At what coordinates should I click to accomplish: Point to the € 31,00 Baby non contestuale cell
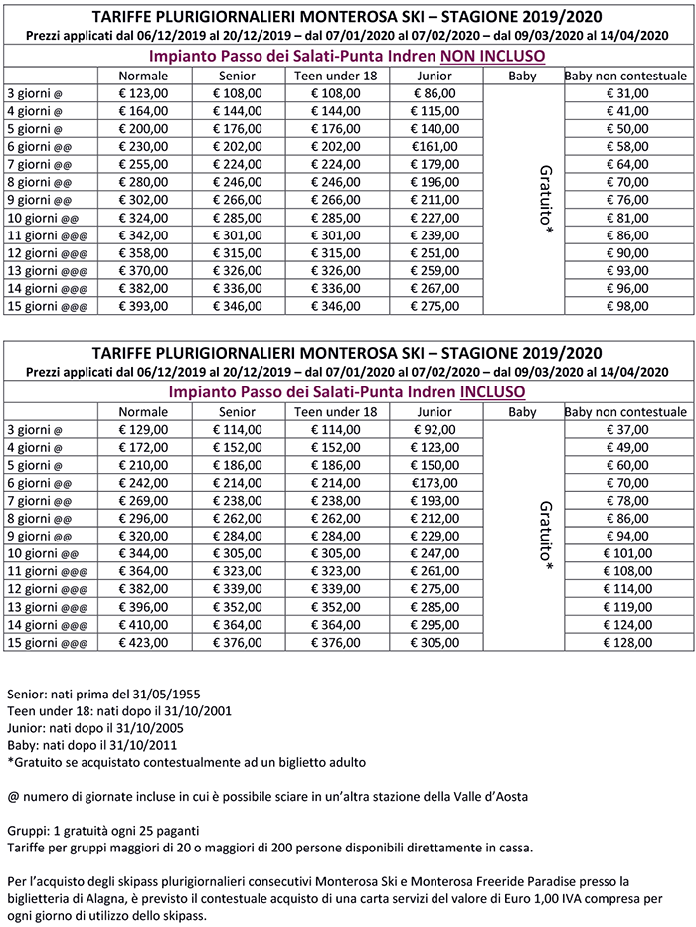click(625, 92)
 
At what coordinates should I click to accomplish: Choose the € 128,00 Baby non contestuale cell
click(625, 642)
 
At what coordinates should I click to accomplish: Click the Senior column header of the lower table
click(237, 411)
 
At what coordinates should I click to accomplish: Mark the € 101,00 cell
click(625, 553)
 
